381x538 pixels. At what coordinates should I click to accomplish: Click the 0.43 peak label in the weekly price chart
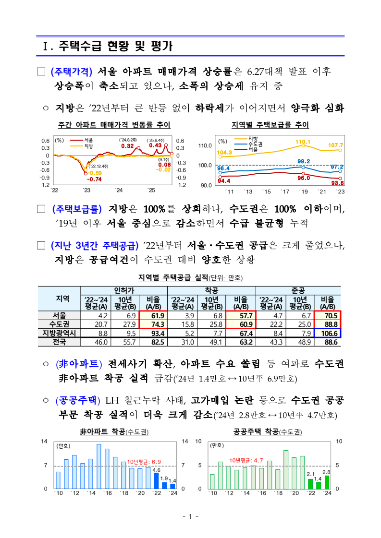pos(155,145)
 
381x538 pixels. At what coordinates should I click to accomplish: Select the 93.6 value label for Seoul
pos(338,182)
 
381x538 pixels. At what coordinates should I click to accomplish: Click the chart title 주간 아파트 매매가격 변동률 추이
pos(114,125)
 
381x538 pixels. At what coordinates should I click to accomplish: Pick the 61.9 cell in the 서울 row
pos(158,316)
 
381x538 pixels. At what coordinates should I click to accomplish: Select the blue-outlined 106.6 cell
pos(328,333)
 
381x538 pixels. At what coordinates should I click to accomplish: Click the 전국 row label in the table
pos(60,342)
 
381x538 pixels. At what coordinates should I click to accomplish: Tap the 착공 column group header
pos(211,290)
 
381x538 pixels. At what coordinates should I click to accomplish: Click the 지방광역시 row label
pos(60,333)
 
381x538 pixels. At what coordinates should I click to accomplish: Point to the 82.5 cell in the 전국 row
pos(158,342)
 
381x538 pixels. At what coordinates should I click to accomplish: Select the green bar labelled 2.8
pos(327,482)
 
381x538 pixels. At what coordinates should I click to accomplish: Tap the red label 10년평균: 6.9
pos(144,462)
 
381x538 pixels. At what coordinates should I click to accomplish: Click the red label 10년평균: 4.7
pos(246,460)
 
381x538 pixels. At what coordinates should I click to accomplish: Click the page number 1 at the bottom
pos(190,516)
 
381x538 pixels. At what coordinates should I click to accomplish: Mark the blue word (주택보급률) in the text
pos(76,209)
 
